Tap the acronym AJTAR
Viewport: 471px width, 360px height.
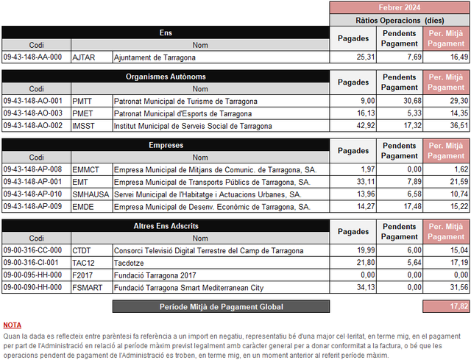tap(85, 57)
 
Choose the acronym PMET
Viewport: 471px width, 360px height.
tap(85, 113)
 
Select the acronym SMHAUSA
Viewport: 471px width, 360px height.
tap(91, 194)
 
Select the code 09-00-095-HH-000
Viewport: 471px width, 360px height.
tap(33, 275)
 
